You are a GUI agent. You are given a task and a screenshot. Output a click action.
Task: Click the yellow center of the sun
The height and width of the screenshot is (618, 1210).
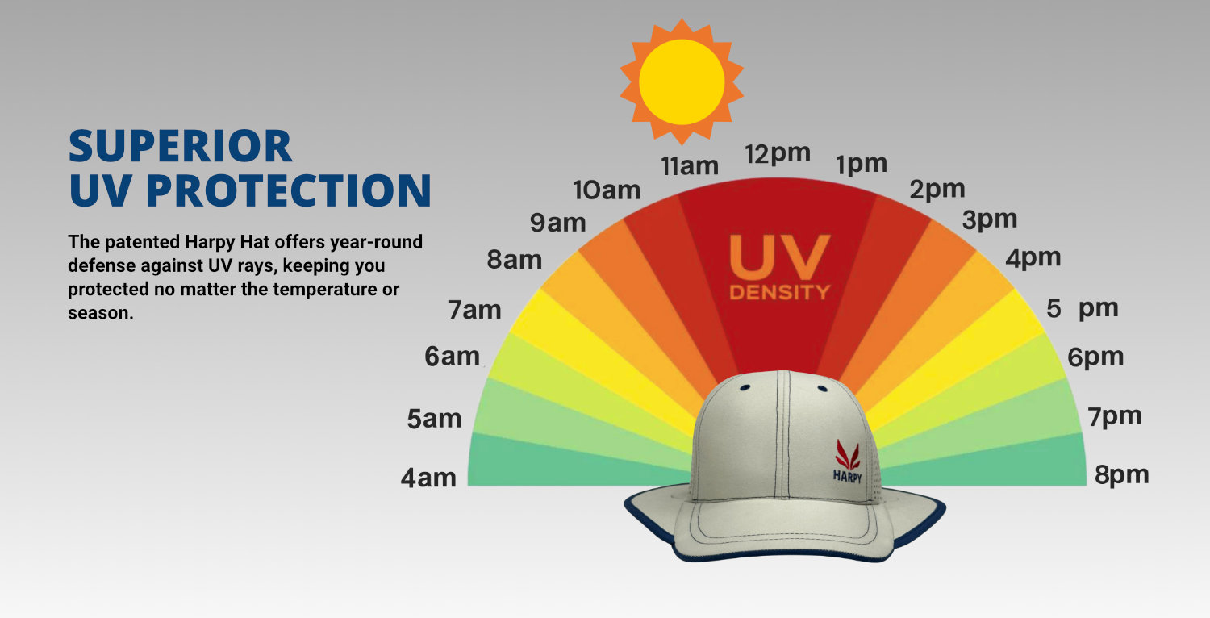pyautogui.click(x=682, y=81)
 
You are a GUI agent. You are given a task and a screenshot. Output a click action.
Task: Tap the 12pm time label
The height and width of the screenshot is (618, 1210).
pyautogui.click(x=778, y=155)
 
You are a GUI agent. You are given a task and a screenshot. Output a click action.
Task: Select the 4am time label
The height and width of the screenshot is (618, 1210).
pyautogui.click(x=428, y=478)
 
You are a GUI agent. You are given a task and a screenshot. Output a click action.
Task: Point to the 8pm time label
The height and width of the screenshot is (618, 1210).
pyautogui.click(x=1122, y=475)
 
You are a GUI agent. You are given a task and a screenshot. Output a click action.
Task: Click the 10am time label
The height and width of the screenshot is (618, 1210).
pyautogui.click(x=607, y=190)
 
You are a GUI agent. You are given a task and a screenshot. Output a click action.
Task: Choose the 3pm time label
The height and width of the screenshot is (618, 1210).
pyautogui.click(x=990, y=220)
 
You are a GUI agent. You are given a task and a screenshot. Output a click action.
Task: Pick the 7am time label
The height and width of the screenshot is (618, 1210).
pyautogui.click(x=474, y=311)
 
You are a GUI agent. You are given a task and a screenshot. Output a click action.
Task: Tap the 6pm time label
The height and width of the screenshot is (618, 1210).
pyautogui.click(x=1095, y=357)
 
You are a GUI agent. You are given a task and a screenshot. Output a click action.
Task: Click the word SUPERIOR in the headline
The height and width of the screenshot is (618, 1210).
pyautogui.click(x=181, y=146)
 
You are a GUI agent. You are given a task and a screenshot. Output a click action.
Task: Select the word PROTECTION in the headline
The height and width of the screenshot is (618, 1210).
pyautogui.click(x=289, y=190)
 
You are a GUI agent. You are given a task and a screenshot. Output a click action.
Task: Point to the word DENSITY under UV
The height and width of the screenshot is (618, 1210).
pyautogui.click(x=779, y=292)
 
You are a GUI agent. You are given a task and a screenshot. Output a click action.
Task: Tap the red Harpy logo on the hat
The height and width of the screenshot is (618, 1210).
pyautogui.click(x=848, y=454)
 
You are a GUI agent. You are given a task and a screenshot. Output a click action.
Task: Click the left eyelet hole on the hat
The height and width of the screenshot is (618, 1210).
pyautogui.click(x=745, y=387)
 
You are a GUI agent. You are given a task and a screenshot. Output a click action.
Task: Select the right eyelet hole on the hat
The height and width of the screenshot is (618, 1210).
pyautogui.click(x=823, y=388)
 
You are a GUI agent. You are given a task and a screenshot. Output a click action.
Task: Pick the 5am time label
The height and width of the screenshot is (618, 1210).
pyautogui.click(x=434, y=420)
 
